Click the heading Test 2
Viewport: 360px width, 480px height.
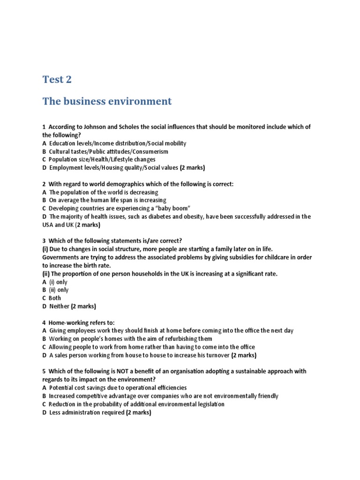coord(57,79)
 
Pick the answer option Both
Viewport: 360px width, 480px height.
coord(54,298)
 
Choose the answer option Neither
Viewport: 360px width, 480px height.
coord(59,306)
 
